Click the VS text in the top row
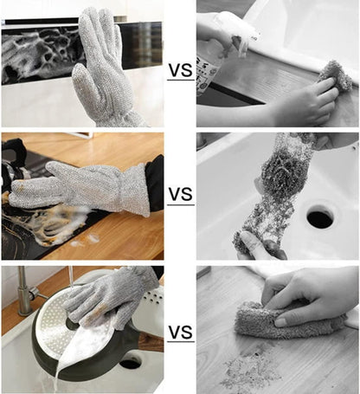[180, 68]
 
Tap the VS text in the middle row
[180, 195]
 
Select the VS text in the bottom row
[180, 333]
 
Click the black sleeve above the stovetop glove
[154, 183]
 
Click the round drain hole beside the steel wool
[319, 216]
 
